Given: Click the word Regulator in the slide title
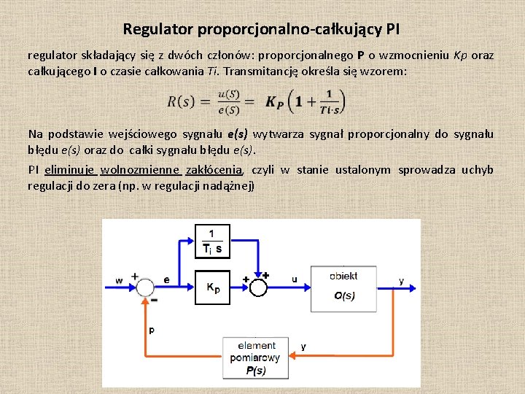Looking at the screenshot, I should (157, 30).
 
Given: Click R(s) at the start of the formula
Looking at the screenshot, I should (180, 101).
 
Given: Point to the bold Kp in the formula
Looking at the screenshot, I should (275, 102).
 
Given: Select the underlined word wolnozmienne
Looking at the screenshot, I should (140, 170).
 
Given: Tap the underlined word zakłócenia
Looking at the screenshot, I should (214, 170).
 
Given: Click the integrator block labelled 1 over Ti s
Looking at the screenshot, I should (212, 242).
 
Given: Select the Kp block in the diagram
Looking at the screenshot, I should (212, 286).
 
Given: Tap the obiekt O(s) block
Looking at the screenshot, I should (343, 286).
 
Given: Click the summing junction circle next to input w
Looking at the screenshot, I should (145, 287).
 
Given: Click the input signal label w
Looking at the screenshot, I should (119, 280).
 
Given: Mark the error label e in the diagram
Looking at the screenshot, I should (166, 279).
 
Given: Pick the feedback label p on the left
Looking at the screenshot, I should (152, 331).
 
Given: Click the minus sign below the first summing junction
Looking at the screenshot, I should (153, 300).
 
